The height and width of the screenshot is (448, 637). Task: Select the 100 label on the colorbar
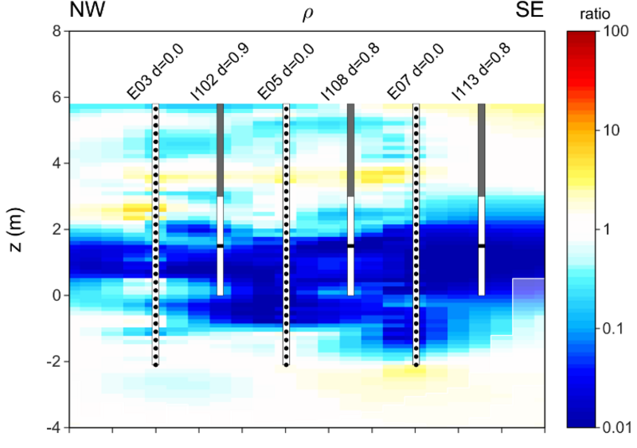click(x=615, y=32)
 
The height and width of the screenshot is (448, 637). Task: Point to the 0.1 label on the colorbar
click(x=612, y=329)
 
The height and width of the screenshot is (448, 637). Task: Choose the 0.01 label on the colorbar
click(x=616, y=427)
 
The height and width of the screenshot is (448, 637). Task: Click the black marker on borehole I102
click(x=221, y=246)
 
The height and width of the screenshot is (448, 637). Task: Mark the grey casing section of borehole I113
click(x=482, y=150)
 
